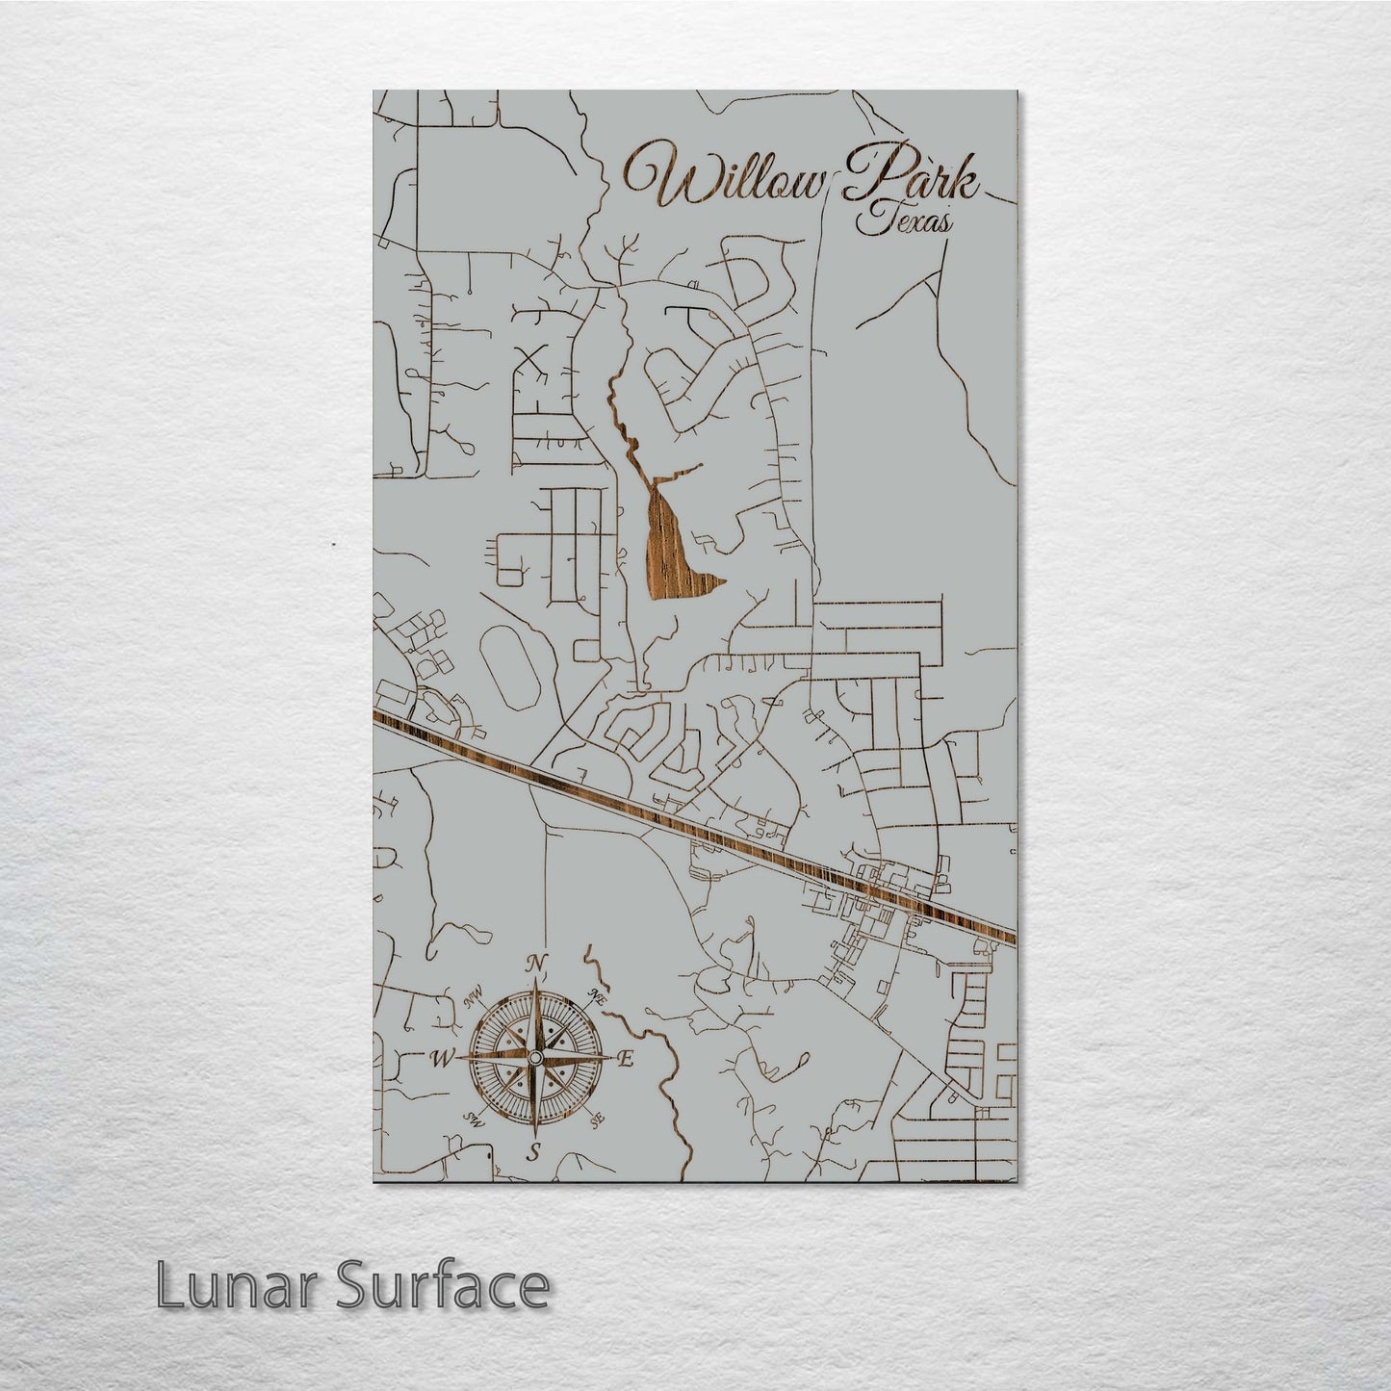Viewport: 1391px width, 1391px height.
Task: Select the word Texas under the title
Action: point(904,223)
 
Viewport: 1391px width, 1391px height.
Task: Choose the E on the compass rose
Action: point(624,1060)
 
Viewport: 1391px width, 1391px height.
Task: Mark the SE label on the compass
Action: point(597,1121)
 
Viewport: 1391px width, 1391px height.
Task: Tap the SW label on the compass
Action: point(473,1120)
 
